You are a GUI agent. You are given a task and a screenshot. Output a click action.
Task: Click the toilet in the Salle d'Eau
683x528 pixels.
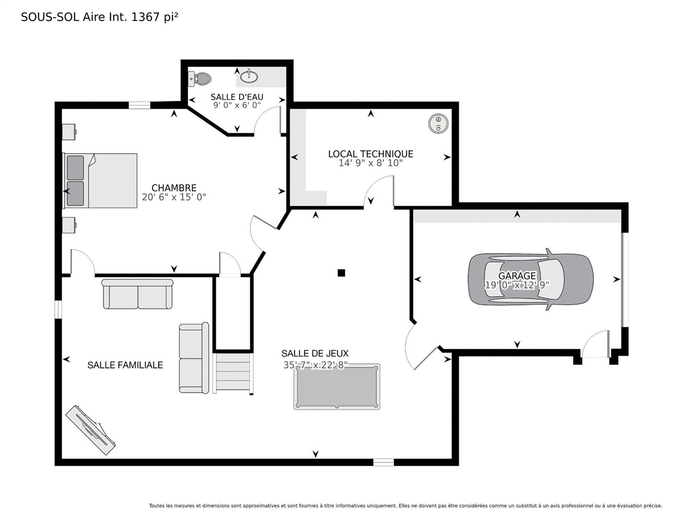pos(200,79)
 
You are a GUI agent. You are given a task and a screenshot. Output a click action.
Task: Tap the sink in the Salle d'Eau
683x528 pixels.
pos(249,76)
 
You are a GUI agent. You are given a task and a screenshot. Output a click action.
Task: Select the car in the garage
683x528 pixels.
pos(530,279)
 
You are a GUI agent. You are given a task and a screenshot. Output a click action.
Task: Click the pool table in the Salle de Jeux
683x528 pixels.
pos(336,387)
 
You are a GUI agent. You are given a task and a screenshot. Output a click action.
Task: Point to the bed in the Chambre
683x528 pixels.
pos(100,181)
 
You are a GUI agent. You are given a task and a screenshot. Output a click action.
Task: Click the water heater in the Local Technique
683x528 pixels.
pos(438,123)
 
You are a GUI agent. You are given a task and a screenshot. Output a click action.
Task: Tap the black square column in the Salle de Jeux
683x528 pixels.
pos(341,273)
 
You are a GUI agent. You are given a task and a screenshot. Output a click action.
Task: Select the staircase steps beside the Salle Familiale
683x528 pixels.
pos(233,373)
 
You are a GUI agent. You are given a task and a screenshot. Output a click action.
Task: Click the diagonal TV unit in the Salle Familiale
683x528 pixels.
pos(90,430)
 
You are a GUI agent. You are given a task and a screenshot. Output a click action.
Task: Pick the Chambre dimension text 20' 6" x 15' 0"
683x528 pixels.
pos(174,197)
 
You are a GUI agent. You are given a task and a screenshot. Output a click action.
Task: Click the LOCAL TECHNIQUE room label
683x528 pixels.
pos(371,154)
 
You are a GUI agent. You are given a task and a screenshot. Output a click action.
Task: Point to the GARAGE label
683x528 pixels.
pos(517,276)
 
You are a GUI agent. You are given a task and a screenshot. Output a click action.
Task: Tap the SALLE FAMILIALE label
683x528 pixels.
pos(125,365)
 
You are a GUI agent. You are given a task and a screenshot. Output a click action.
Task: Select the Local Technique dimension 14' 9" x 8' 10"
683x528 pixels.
pos(371,163)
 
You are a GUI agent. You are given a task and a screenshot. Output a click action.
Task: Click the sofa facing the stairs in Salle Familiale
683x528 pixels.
pos(194,358)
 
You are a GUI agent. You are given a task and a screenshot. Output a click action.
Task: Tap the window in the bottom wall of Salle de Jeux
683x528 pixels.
pos(384,462)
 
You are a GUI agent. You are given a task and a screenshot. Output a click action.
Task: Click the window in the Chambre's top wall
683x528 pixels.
pos(139,105)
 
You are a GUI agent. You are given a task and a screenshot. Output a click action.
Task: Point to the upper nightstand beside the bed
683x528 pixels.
pos(69,132)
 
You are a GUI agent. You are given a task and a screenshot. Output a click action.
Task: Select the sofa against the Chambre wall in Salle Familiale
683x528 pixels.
pos(137,294)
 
